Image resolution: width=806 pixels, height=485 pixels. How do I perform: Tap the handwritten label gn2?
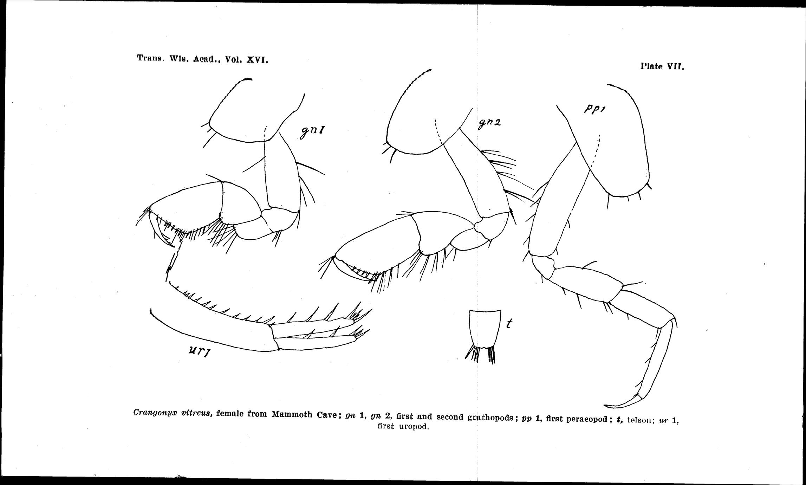click(x=489, y=123)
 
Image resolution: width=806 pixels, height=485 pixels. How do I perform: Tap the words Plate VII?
click(x=662, y=66)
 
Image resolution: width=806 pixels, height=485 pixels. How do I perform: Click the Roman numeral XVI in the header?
click(x=257, y=60)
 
